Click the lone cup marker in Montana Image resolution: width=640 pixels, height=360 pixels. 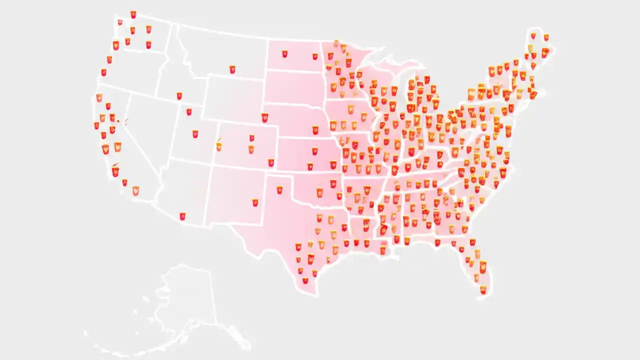(x=232, y=69)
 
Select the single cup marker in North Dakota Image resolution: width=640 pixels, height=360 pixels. (x=284, y=53)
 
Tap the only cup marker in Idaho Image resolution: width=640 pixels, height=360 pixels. (x=179, y=95)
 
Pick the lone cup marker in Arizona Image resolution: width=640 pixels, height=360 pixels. (x=182, y=216)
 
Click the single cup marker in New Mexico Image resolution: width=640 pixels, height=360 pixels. (x=254, y=202)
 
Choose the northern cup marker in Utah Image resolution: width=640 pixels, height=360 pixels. (x=189, y=111)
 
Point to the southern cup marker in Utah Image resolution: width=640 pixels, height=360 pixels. (x=195, y=133)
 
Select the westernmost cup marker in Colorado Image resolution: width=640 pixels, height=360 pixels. (x=218, y=146)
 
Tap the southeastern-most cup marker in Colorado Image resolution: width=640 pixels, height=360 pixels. (x=271, y=162)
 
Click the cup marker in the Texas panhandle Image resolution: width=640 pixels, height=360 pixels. (x=279, y=189)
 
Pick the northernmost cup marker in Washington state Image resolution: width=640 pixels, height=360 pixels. (x=133, y=14)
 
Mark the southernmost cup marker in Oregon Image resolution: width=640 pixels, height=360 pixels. (x=104, y=72)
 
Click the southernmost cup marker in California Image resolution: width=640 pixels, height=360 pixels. (x=135, y=190)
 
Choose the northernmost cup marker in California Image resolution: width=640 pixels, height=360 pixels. (x=99, y=97)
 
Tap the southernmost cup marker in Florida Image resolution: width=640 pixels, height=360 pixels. (x=483, y=289)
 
